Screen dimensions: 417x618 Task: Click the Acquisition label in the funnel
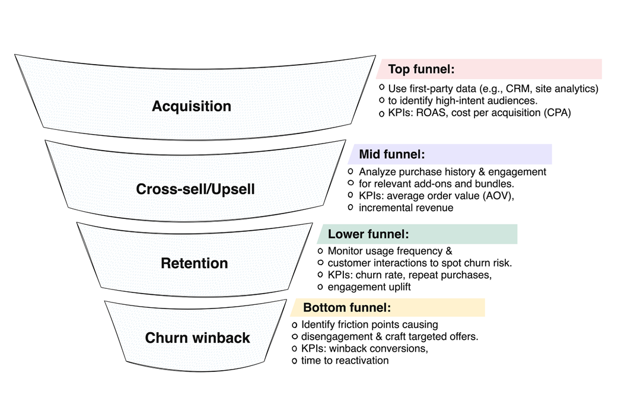pos(192,107)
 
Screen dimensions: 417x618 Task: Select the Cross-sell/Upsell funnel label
pos(195,189)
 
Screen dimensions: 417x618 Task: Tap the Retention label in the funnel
pos(195,263)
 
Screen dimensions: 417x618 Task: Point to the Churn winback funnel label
pos(197,338)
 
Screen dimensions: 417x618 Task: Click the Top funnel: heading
pos(421,69)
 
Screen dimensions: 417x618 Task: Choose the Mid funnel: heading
pos(392,155)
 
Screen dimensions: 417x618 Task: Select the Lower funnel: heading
pos(368,234)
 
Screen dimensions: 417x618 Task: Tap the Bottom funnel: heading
pos(347,308)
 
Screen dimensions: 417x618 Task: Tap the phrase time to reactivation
pos(345,361)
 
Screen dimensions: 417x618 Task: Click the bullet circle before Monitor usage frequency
pos(321,251)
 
